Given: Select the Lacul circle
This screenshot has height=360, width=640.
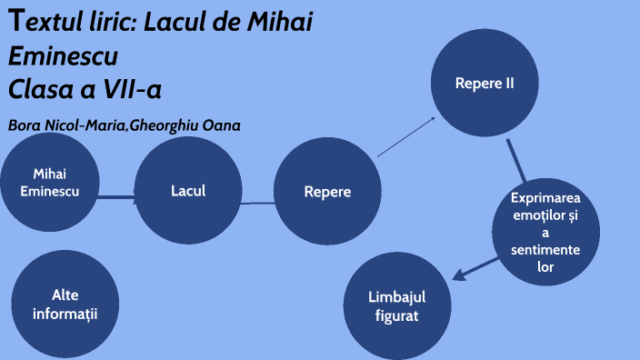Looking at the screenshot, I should (188, 190).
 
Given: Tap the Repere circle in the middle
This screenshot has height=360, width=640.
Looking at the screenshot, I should (327, 192).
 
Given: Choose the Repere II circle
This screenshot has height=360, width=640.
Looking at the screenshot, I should (485, 84).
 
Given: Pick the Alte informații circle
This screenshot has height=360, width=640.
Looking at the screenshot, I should (65, 304).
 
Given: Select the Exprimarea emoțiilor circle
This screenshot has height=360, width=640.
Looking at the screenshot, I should (545, 233).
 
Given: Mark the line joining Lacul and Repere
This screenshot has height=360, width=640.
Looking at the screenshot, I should (257, 202).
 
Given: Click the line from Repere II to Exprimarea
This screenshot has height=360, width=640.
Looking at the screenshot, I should (516, 161).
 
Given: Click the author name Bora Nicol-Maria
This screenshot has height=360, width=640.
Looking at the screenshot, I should (65, 125).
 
